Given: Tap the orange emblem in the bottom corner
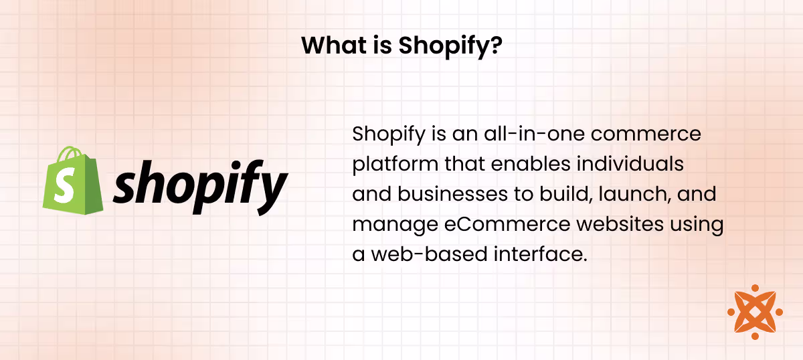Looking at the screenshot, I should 755,312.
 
